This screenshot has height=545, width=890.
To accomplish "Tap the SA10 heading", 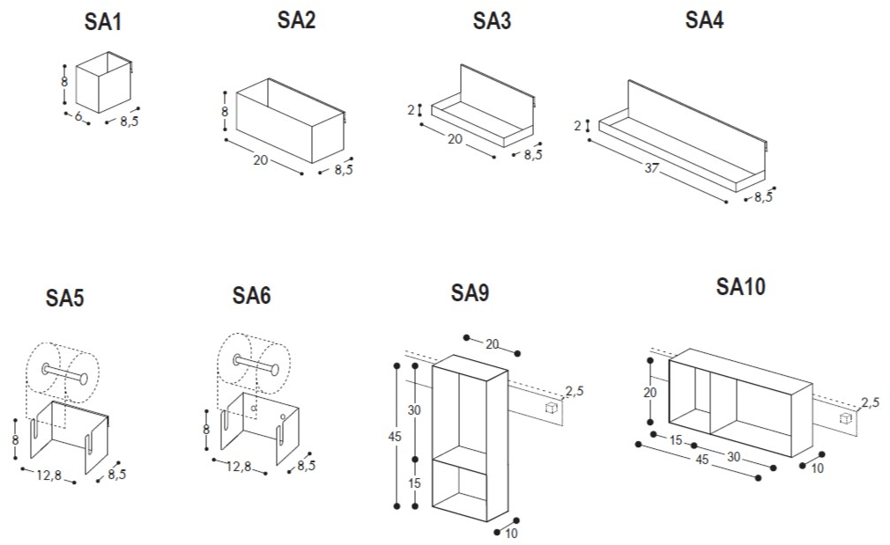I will coord(741,286).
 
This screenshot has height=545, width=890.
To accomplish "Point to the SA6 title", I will coord(251,297).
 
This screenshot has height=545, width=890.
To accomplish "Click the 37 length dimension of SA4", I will coord(651,167).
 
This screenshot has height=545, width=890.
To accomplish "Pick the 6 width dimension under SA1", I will coord(78,117).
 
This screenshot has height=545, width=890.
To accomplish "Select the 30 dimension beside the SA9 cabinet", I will coord(415,410).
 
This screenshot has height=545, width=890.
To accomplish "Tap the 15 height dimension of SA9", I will coord(415,482).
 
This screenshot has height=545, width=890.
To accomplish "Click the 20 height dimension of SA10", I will coord(649,392).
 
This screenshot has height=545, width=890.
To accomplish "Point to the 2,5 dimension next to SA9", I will coord(574,392).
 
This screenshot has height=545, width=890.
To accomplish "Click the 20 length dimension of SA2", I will coord(261,159).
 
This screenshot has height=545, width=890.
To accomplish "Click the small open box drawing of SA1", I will coord(102,82).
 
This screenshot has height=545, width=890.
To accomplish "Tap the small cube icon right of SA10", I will coord(845,417).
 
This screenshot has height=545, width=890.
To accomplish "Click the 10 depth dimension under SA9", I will coord(512,534).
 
